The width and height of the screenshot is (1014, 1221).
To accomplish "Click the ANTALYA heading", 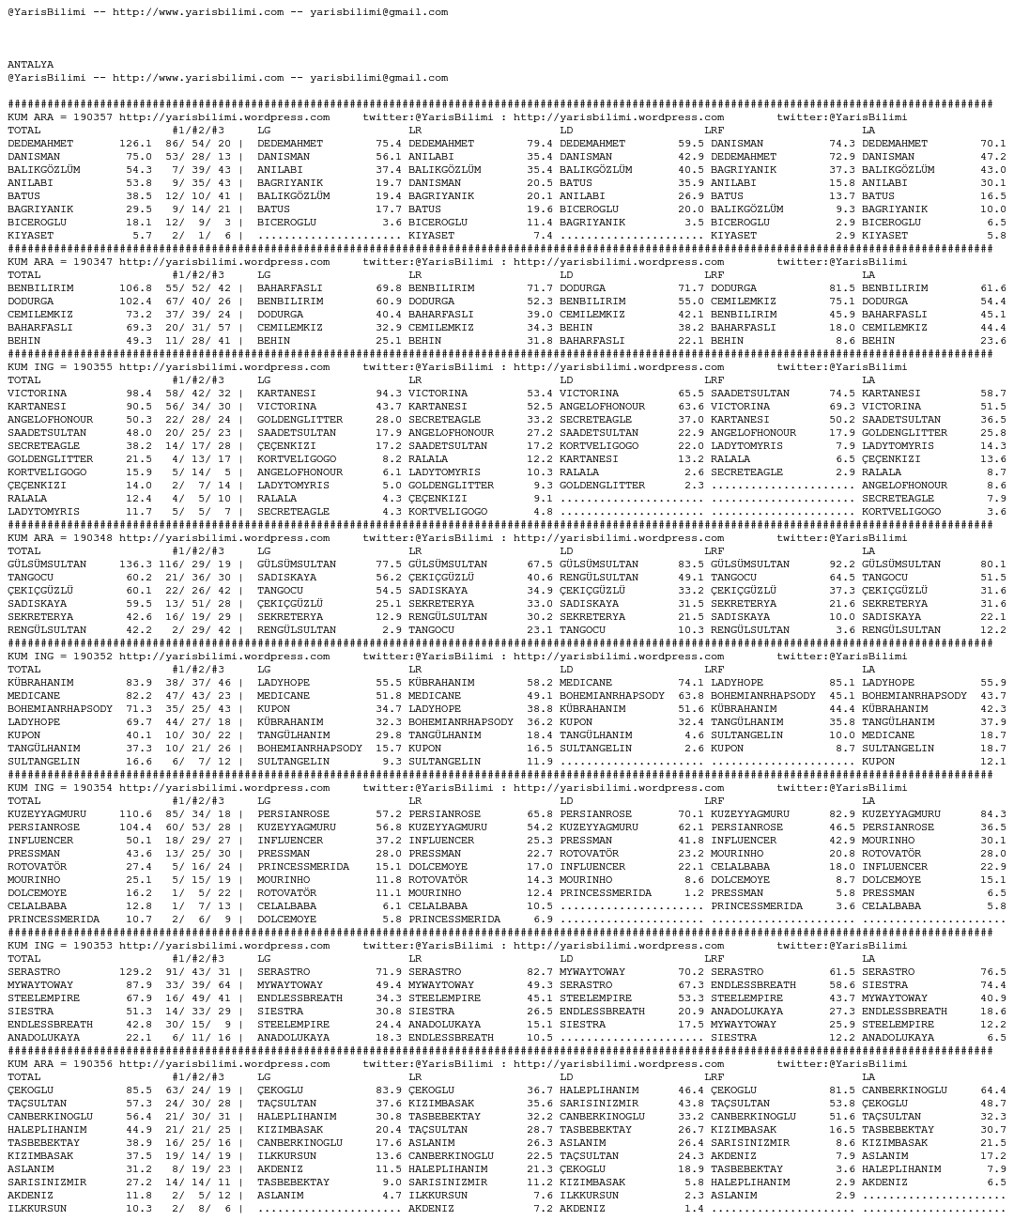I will (30, 65).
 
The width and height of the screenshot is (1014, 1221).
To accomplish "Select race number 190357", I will (92, 117).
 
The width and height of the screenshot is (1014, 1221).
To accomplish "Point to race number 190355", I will (92, 367).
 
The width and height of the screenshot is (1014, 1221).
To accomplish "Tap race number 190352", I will (92, 657).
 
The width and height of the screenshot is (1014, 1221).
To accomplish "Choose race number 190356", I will (92, 1064).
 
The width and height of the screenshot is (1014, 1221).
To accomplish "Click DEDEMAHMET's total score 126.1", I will (135, 144).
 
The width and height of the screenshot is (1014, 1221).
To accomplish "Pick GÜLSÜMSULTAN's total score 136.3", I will (135, 564).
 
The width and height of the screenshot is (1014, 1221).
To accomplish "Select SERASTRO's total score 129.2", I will (135, 972).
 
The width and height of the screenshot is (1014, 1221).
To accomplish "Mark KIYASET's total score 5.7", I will (142, 236).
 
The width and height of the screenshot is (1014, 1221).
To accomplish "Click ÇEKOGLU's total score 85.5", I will (138, 1090).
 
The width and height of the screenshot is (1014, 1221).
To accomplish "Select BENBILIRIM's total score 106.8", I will (135, 288).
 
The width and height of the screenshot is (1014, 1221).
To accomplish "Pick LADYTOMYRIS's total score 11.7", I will (138, 512).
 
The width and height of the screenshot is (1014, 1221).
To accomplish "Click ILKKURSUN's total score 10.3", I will (138, 1209).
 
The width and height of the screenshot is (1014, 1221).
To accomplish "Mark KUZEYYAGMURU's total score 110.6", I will (135, 814).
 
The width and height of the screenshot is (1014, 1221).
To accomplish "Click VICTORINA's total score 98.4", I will (138, 394).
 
